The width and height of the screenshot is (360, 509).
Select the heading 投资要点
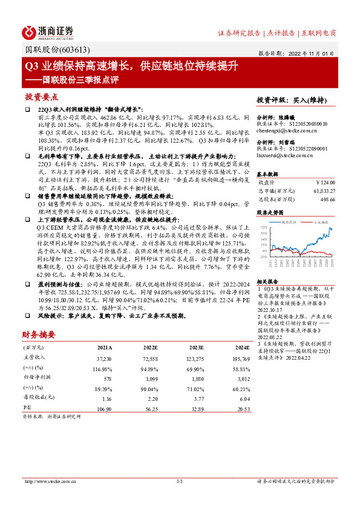pos(42,96)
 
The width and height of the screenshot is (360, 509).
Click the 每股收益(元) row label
pos(36,398)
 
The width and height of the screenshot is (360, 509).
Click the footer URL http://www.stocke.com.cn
pos(48,481)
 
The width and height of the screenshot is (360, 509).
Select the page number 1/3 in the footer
pos(179,481)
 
